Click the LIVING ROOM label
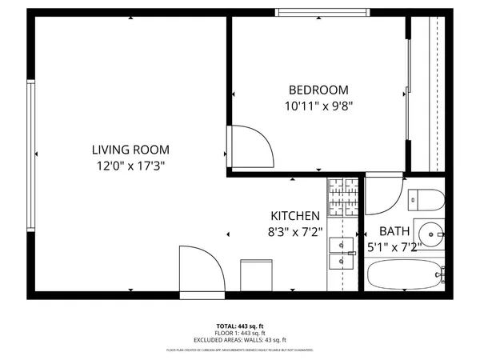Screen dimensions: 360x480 tap(130, 150)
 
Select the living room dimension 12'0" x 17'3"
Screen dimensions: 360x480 tap(130, 166)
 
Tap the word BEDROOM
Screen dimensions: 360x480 tap(318, 90)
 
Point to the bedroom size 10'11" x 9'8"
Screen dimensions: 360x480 tap(318, 105)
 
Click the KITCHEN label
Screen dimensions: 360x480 tap(295, 216)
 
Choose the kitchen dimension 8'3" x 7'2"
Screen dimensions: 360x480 tap(295, 232)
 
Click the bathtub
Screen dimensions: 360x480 tap(404, 275)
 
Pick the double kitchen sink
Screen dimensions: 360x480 tap(342, 252)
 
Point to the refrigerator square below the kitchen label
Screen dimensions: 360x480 tap(256, 274)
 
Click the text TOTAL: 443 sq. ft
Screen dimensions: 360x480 tap(239, 326)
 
